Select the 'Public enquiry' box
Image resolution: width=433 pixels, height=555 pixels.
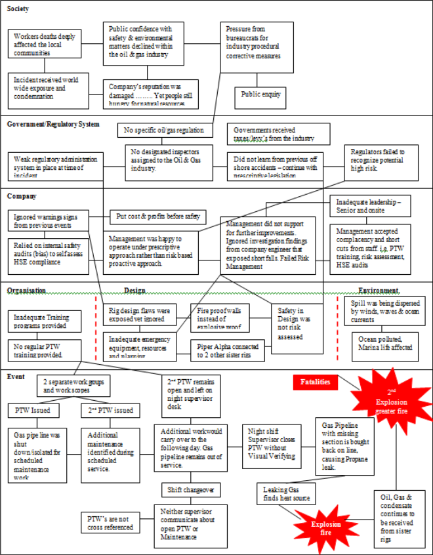coord(261,96)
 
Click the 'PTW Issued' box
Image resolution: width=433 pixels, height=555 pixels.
coord(33,411)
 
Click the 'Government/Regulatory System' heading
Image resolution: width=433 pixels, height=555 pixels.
coord(53,124)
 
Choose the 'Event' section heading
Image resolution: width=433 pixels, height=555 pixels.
coord(17,377)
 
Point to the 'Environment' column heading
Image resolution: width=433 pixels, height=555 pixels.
coord(379,291)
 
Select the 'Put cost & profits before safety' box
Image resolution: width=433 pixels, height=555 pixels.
coord(157,216)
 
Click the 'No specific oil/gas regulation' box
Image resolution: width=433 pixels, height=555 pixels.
coord(165,130)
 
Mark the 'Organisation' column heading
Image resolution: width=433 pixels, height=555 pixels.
coord(26,291)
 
